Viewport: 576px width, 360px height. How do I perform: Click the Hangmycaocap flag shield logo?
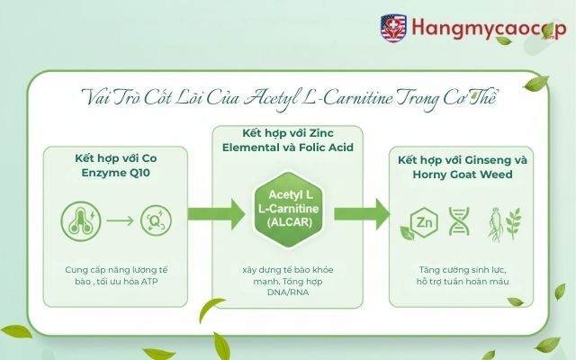(x=394, y=26)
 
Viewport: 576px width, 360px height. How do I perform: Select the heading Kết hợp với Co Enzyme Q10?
(x=116, y=165)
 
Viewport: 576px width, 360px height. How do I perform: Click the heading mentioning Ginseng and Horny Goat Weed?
(x=460, y=166)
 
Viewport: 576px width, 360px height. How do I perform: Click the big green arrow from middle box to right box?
(x=371, y=214)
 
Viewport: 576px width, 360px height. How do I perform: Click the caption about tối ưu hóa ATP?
(x=116, y=275)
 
